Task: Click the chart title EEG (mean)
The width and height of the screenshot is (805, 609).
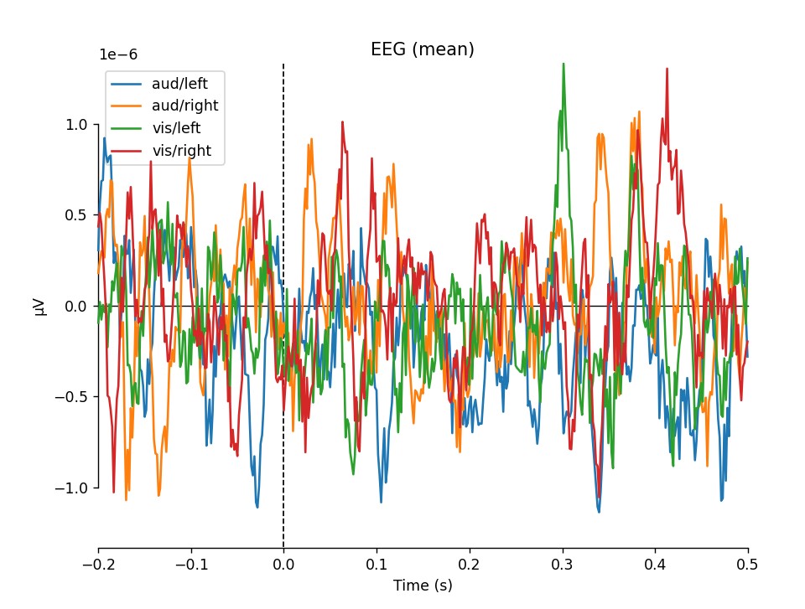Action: (423, 49)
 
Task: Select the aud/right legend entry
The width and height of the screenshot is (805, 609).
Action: (184, 106)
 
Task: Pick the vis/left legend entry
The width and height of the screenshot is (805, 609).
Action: (175, 128)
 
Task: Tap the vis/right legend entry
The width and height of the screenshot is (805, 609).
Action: (180, 151)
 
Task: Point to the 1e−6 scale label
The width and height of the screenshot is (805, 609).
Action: (118, 54)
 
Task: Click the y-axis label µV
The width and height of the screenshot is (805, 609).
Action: (39, 307)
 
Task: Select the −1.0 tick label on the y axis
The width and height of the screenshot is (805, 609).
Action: (75, 488)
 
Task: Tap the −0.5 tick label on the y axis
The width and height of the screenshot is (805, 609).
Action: (75, 397)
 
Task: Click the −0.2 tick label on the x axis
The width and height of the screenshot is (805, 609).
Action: (98, 565)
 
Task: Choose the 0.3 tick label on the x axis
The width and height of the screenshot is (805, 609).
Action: (563, 565)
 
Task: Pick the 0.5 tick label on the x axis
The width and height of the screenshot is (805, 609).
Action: (748, 565)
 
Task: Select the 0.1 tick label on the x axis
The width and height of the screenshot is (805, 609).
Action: (377, 565)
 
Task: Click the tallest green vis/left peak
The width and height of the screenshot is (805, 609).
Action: (563, 64)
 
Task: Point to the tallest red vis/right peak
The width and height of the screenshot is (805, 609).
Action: (667, 69)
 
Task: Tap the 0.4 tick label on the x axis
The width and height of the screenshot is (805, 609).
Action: (656, 565)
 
